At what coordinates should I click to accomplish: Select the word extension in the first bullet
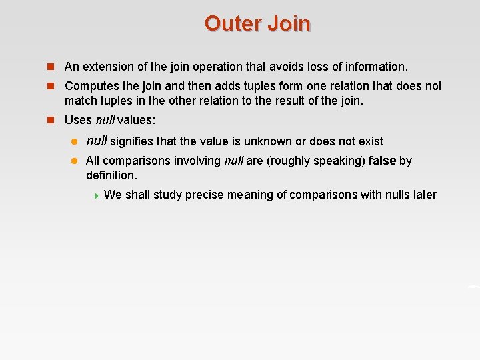point(105,67)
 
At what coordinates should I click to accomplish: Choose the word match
point(81,101)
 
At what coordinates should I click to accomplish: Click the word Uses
point(78,121)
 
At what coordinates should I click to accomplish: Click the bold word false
point(382,161)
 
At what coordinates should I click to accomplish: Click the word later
point(423,195)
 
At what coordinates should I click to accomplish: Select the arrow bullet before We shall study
point(96,195)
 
